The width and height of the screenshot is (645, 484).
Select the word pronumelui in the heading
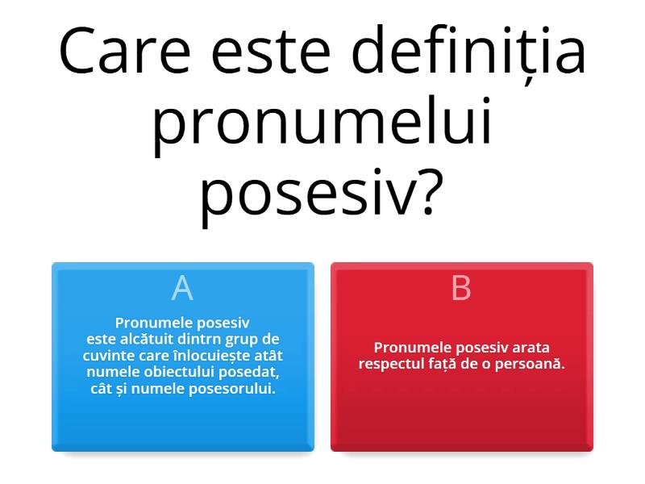pyautogui.click(x=322, y=125)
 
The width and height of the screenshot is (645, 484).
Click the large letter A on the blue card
pyautogui.click(x=182, y=288)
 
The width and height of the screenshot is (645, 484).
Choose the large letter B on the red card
pyautogui.click(x=461, y=288)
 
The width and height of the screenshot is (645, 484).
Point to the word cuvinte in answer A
pyautogui.click(x=108, y=356)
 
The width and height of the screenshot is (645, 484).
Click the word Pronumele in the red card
pyautogui.click(x=412, y=348)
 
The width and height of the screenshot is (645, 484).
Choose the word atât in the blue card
pyautogui.click(x=267, y=356)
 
